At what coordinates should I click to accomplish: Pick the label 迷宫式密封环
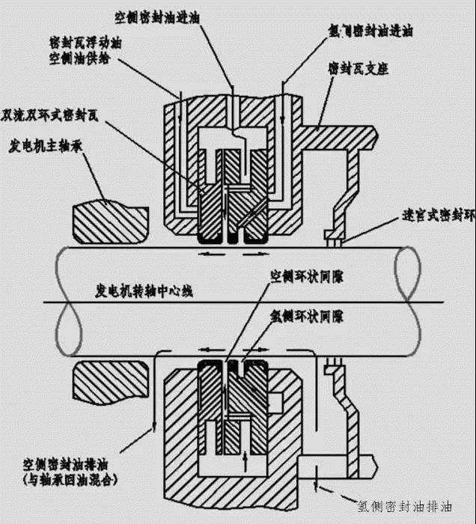[439, 216]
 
